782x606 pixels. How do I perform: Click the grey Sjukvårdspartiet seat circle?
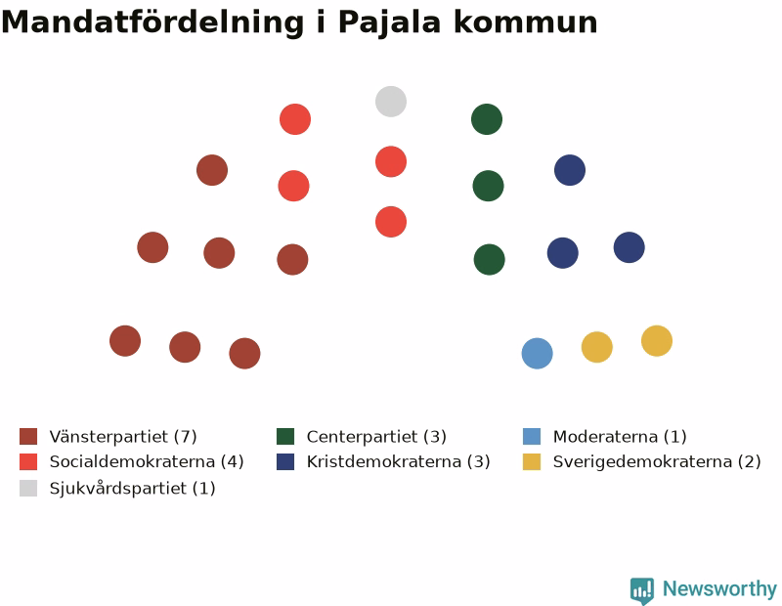click(391, 102)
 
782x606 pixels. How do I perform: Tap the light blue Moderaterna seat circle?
click(537, 353)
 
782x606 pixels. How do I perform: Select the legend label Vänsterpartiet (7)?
click(123, 437)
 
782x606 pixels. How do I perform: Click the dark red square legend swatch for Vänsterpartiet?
click(28, 436)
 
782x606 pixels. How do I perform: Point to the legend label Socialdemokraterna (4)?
click(147, 461)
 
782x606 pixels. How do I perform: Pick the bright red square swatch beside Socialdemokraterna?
click(28, 461)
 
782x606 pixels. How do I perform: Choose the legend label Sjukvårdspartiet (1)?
click(132, 488)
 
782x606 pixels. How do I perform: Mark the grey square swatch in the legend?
click(28, 488)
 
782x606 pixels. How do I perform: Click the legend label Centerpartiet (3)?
click(376, 437)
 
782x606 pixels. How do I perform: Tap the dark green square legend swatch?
click(285, 436)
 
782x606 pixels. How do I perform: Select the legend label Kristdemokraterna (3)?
click(399, 461)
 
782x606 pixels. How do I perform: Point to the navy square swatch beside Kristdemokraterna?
click(285, 461)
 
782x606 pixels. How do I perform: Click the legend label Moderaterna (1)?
click(620, 437)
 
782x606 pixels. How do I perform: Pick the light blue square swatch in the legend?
click(532, 436)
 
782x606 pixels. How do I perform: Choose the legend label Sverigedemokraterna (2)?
click(657, 461)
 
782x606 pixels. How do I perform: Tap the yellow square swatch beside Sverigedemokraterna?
click(532, 461)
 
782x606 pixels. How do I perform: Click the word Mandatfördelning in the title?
click(152, 22)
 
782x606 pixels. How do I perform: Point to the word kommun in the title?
click(526, 22)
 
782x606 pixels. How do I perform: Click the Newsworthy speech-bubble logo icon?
click(642, 590)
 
